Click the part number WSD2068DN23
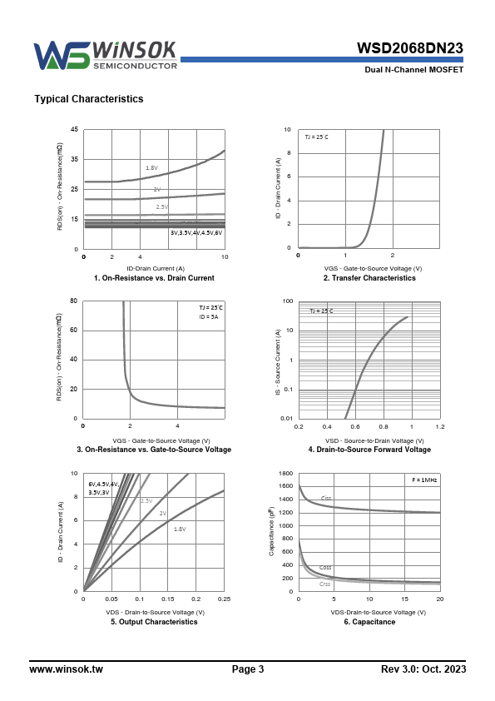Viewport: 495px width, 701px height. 409,48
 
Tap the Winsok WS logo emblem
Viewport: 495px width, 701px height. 62,56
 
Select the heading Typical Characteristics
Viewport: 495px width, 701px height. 89,99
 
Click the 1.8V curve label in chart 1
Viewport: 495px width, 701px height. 152,167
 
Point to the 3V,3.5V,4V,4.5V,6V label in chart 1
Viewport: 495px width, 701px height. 196,232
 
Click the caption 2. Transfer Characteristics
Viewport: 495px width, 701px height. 369,277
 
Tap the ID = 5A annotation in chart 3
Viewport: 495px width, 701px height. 209,316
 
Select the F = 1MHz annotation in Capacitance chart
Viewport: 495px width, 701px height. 424,480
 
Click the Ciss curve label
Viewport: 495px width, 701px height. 326,498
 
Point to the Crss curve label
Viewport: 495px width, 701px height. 324,584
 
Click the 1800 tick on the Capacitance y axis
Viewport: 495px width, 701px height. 286,473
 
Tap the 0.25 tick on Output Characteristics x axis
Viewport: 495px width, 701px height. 225,599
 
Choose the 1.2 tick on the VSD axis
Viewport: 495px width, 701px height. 440,426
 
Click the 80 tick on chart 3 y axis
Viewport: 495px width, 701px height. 74,301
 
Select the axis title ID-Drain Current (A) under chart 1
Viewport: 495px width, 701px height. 156,268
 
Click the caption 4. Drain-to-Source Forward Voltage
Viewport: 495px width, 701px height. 369,450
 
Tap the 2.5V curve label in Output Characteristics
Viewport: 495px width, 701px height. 146,500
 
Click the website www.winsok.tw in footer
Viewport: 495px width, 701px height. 66,669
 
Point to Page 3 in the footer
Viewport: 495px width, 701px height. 248,669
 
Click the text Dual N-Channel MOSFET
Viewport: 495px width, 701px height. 414,70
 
